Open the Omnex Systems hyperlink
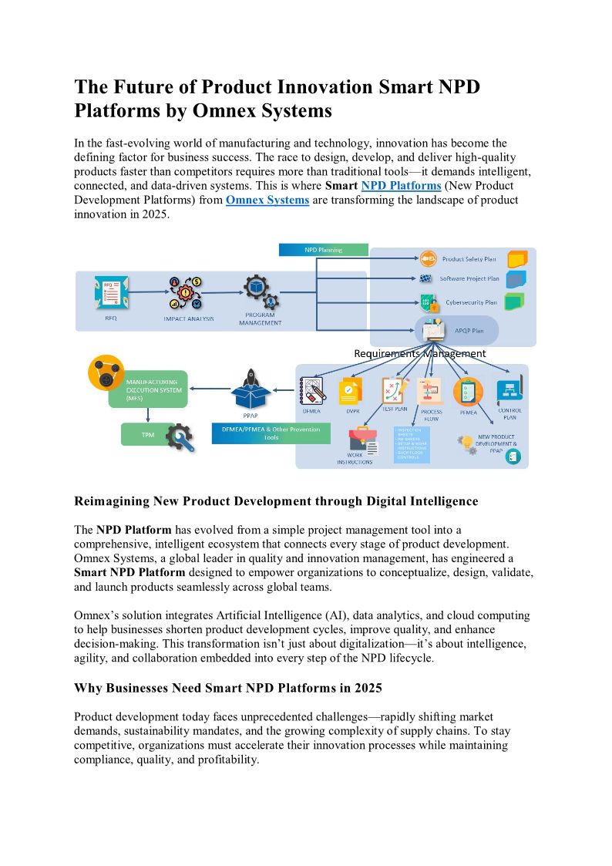(x=267, y=200)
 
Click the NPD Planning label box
(x=322, y=250)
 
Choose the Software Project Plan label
(x=469, y=279)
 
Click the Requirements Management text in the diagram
(x=419, y=353)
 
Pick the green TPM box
(x=147, y=435)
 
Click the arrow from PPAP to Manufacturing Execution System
(x=210, y=389)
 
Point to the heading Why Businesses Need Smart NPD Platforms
(x=227, y=687)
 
